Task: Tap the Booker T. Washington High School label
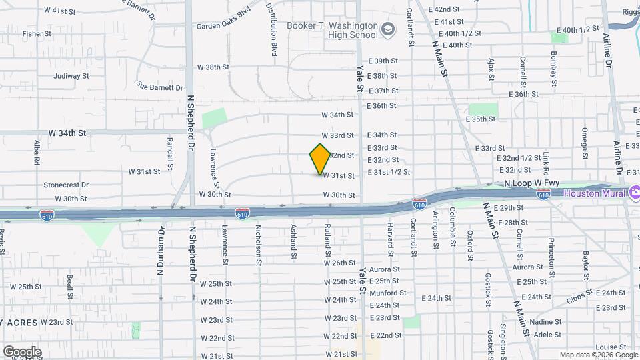(331, 30)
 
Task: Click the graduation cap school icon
(387, 31)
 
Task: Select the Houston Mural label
(594, 193)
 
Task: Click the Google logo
(22, 352)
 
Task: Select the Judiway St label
(71, 76)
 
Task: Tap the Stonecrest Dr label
(65, 185)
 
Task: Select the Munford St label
(387, 293)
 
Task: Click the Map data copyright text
(598, 355)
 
